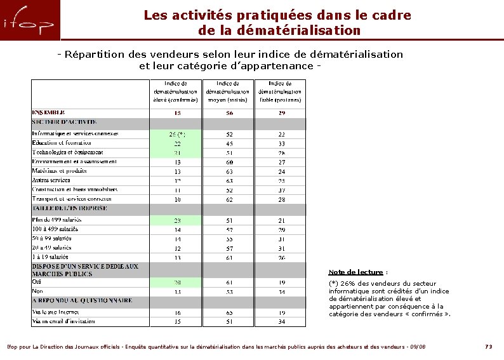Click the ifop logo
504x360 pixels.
pyautogui.click(x=30, y=21)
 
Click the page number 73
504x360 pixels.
pyautogui.click(x=488, y=347)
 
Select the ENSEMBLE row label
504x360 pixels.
pyautogui.click(x=48, y=112)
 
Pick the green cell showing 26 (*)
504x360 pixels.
pyautogui.click(x=176, y=135)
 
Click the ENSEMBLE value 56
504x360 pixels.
pyautogui.click(x=229, y=113)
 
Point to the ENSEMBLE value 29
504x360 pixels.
pyautogui.click(x=281, y=113)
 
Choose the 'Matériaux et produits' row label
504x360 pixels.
pyautogui.click(x=60, y=171)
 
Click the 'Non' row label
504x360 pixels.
pyautogui.click(x=37, y=291)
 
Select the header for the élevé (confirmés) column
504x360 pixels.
pyautogui.click(x=176, y=91)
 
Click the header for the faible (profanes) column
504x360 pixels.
pyautogui.click(x=281, y=91)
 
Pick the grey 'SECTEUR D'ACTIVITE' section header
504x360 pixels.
pyautogui.click(x=64, y=122)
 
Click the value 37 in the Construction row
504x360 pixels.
pyautogui.click(x=281, y=190)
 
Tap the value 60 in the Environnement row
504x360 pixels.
pyautogui.click(x=229, y=162)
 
